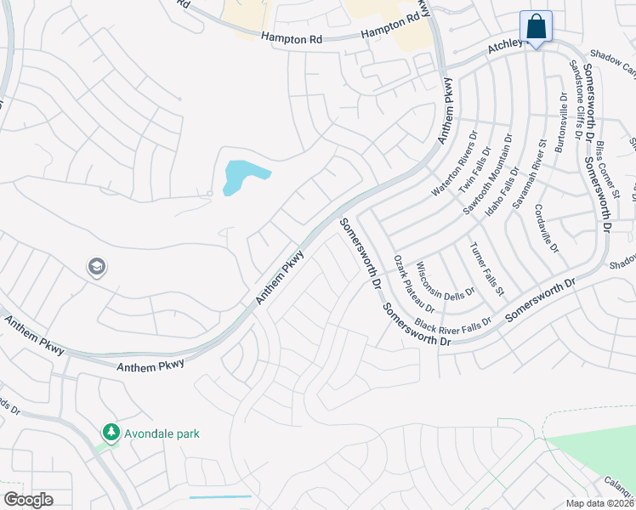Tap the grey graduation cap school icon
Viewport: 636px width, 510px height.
tap(96, 268)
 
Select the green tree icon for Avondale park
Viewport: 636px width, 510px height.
tap(111, 433)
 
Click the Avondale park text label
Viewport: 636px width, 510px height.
tap(162, 433)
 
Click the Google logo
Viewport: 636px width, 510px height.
tap(28, 500)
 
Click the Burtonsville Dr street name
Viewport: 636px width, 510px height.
tap(560, 122)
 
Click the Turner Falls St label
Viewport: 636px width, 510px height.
tap(487, 268)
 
